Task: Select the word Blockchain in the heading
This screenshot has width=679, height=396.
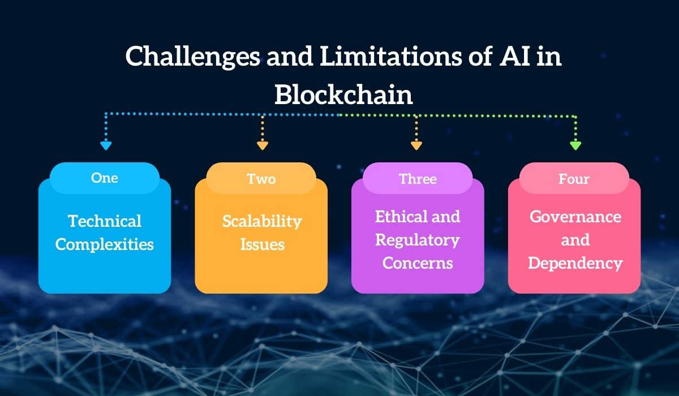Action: pos(343,94)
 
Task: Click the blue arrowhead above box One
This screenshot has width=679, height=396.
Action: pos(105,145)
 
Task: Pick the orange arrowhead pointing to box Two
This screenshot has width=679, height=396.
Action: pos(262,145)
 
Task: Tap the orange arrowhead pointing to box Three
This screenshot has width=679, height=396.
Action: pos(416,145)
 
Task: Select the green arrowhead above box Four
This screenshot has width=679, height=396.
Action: pos(575,145)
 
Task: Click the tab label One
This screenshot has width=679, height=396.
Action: pos(105,178)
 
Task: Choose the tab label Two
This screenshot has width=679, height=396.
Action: pos(261,179)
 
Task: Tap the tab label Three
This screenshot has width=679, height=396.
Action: pos(418,179)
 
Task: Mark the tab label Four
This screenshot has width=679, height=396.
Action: pos(574,179)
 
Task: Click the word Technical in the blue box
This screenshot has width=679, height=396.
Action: pos(105,221)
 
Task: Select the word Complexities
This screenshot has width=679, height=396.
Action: pos(105,244)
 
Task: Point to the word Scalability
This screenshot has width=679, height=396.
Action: pos(261,221)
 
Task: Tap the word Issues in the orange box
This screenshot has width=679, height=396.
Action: pos(261,244)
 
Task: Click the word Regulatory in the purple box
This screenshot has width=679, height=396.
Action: pos(418,240)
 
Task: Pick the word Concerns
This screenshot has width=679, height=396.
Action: pos(418,263)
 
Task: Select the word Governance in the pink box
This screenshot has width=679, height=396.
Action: pos(575,217)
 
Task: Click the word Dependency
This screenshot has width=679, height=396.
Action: pos(575,263)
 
